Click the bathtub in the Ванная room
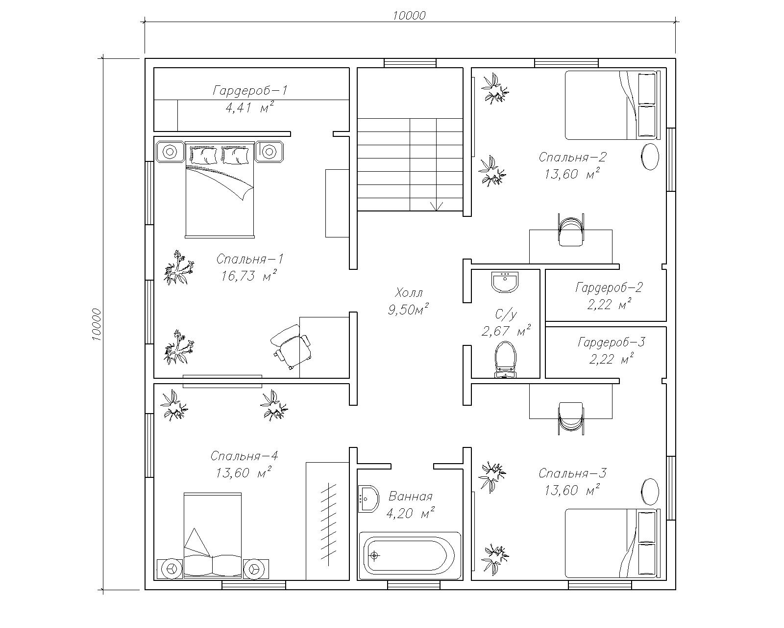pos(410,555)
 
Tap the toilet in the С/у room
pos(505,360)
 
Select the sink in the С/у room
pos(505,282)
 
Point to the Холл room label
pos(409,292)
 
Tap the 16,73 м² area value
pos(248,276)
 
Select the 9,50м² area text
pos(408,310)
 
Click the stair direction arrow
pos(437,206)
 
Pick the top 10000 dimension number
pos(409,15)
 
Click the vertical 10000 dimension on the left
pos(96,324)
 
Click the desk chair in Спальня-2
pos(571,230)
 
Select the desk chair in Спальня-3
pos(571,419)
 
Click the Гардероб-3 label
pos(612,342)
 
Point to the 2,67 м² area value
pos(506,331)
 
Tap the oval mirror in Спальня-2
pos(650,157)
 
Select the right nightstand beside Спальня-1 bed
pos(269,152)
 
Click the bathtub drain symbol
pos(374,556)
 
